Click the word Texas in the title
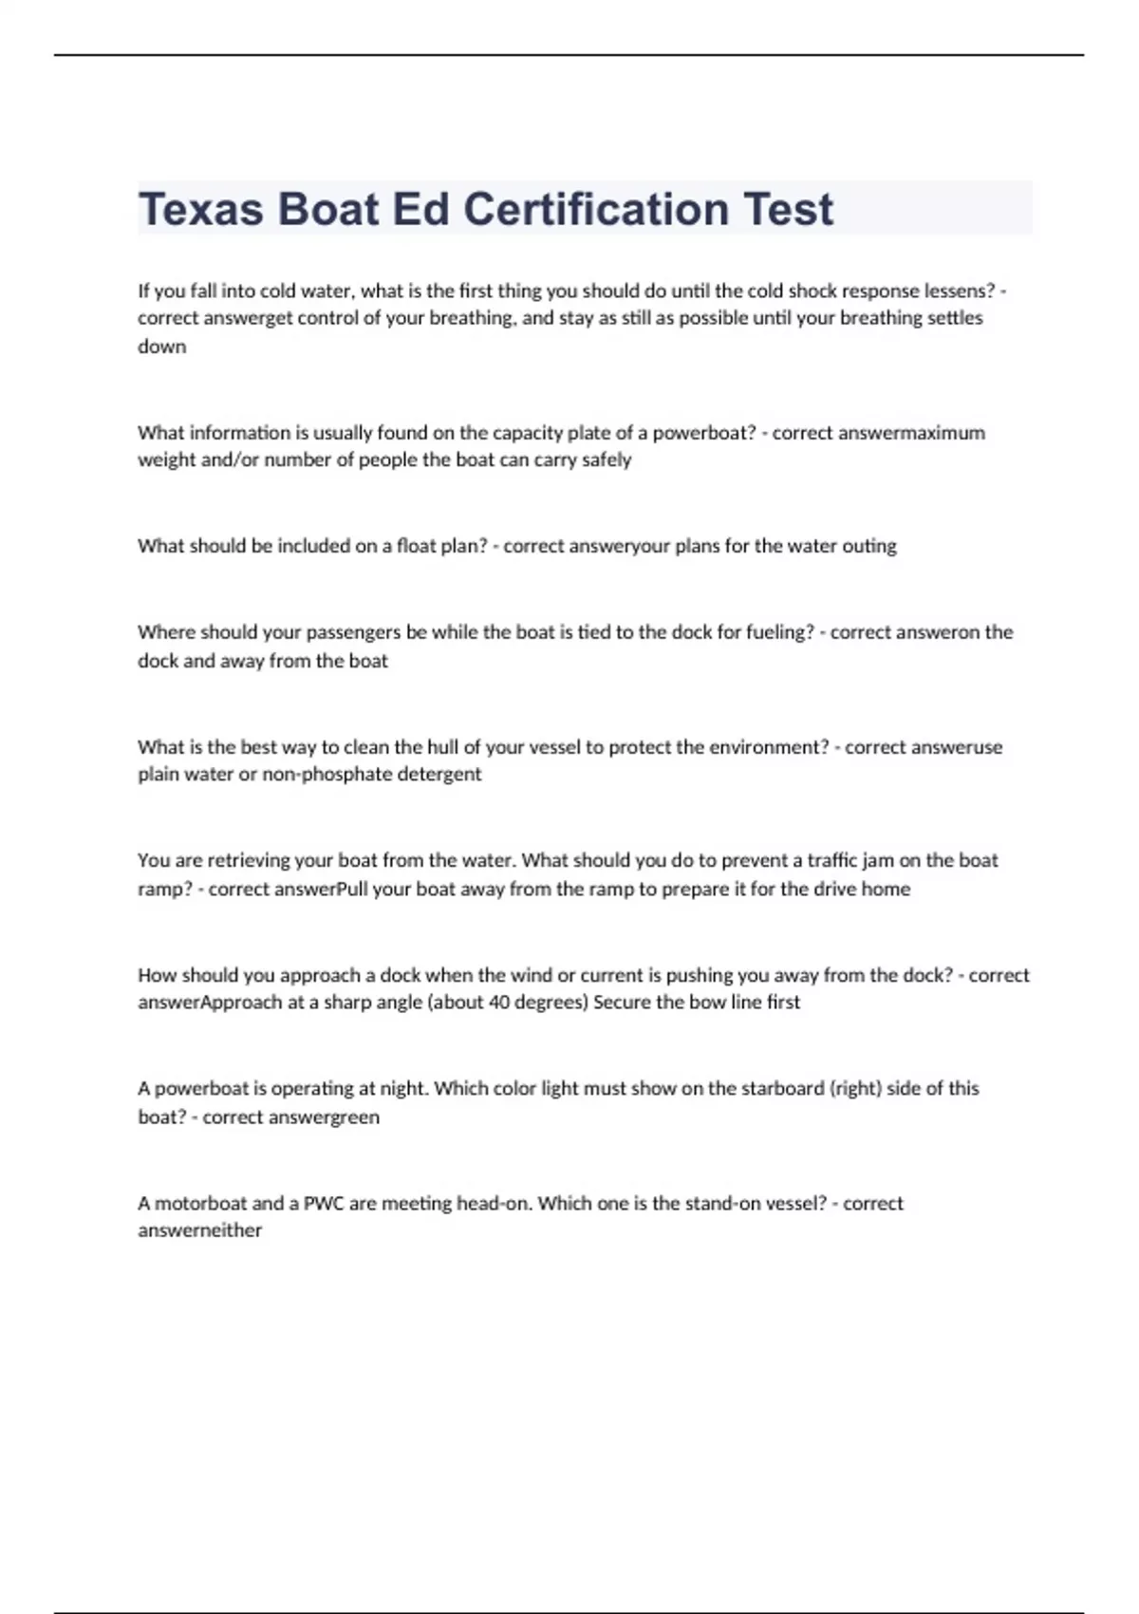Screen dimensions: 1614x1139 (x=200, y=209)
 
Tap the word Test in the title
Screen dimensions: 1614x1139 (x=788, y=209)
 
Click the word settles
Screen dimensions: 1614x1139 (x=952, y=318)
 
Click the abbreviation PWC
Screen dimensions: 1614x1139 (x=324, y=1203)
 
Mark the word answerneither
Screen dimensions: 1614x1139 (x=199, y=1230)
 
